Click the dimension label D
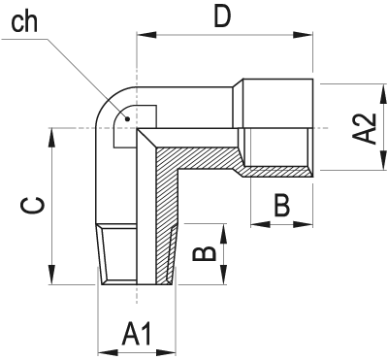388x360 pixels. point(222,17)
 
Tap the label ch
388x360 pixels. point(24,21)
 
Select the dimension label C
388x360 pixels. point(32,206)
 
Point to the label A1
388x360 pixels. point(137,333)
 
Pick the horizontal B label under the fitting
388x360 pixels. point(282,205)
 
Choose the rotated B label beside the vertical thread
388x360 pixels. point(205,253)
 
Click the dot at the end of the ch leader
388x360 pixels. point(127,118)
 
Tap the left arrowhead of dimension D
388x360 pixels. point(146,35)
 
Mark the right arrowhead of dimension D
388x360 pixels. point(303,35)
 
